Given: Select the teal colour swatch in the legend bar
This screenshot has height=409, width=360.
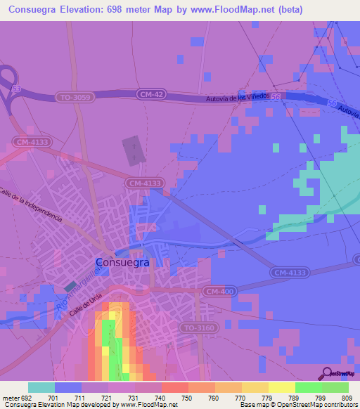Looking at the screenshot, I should click(41, 387).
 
